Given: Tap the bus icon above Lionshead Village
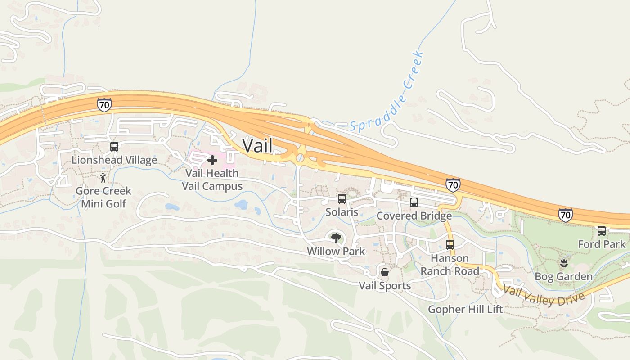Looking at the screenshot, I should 114,147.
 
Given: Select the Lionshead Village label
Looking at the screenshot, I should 114,160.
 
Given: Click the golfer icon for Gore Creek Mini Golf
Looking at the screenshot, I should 103,178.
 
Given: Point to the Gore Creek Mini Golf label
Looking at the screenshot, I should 103,197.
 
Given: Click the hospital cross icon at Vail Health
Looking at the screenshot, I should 212,160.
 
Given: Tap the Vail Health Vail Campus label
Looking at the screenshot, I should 212,180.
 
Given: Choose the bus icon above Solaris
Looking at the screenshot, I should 342,199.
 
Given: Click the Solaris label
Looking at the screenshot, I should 342,212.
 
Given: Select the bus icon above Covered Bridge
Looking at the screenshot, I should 414,202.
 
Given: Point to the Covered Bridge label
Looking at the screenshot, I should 414,216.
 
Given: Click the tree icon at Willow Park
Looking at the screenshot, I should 336,238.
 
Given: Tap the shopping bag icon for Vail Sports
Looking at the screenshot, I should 385,272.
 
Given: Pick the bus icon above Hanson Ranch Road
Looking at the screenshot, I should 450,245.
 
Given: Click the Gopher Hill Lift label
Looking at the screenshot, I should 465,309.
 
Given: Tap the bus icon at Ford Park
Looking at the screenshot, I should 602,231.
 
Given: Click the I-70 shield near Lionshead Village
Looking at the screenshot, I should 104,104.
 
